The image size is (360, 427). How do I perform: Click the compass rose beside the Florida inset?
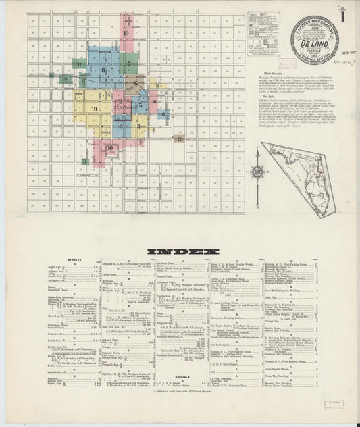257,172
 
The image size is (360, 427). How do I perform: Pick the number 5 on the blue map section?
140,105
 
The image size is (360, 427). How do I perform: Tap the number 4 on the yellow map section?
138,126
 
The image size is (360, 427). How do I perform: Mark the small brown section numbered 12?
179,139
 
